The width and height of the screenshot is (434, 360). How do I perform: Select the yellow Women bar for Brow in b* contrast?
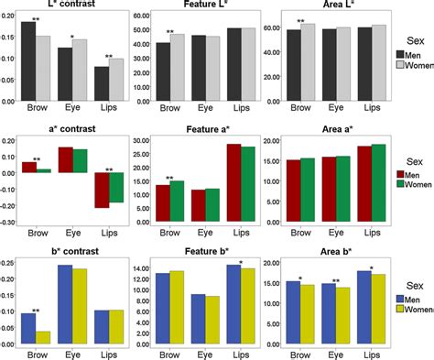click(43, 337)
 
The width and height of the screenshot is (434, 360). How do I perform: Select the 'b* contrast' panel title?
click(71, 251)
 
